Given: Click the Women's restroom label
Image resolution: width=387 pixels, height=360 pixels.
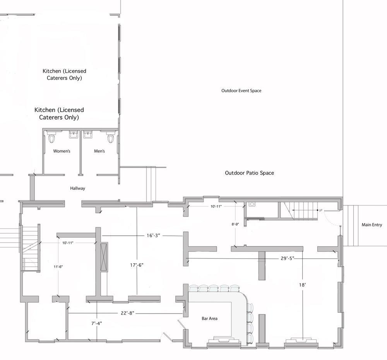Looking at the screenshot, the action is click(62, 151).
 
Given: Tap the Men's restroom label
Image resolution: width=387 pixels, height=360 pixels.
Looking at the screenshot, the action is click(99, 151).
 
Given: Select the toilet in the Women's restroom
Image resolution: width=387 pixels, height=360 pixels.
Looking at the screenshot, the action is click(51, 137).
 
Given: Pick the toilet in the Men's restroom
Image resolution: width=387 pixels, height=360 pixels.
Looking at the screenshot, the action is click(111, 137).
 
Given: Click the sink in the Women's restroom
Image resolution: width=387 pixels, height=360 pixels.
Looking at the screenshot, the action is click(74, 135).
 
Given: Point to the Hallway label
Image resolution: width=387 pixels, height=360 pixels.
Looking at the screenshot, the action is click(77, 188).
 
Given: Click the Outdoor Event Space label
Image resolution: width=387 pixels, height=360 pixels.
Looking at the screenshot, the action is click(241, 91).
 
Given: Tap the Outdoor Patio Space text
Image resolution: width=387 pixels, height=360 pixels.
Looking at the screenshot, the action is click(250, 173).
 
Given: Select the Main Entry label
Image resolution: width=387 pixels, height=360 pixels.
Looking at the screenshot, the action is click(372, 225).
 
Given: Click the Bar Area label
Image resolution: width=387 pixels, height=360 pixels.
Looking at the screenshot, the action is click(209, 319).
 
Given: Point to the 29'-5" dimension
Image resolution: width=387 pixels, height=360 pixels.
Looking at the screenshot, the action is click(288, 258).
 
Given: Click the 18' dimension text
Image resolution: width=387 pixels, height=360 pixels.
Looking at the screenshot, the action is click(302, 285).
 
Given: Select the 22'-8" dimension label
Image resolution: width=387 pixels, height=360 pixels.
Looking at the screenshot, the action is click(127, 313).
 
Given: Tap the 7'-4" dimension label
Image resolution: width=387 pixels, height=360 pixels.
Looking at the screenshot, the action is click(96, 323).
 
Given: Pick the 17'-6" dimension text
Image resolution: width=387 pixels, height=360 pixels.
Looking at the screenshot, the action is click(137, 265).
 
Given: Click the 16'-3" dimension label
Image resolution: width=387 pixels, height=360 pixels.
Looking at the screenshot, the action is click(153, 236).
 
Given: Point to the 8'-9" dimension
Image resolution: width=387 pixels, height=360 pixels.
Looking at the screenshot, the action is click(235, 224).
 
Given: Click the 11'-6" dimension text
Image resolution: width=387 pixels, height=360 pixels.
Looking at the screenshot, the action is click(58, 267).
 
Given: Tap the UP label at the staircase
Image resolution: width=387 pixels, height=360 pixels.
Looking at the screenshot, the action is click(320, 210).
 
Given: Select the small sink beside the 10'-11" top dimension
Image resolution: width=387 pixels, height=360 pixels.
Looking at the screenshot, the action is click(252, 204).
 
